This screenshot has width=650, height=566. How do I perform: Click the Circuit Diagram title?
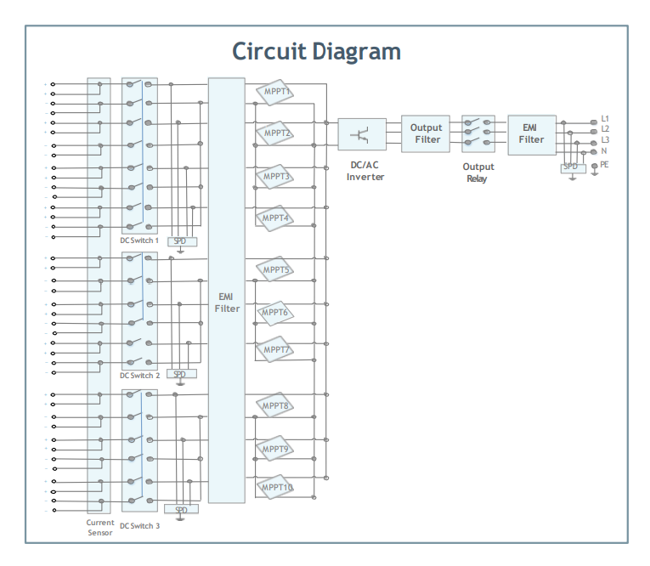316,52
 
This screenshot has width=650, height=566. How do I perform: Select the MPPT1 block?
274,92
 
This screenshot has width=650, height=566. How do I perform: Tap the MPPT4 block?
274,218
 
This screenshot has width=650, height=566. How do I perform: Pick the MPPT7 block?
274,349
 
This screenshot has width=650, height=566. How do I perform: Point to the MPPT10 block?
274,487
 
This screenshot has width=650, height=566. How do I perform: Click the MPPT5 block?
274,269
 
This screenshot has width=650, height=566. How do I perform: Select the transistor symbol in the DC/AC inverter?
359,135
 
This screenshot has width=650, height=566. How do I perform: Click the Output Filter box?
426,134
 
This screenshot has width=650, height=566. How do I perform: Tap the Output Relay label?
478,173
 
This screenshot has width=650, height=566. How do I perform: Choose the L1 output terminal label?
605,119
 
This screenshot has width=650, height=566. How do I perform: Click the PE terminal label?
604,165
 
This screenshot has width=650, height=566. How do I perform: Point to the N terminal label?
604,151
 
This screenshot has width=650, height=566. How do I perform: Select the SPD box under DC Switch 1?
183,241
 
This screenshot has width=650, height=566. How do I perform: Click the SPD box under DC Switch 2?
182,374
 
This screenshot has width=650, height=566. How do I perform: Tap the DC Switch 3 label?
139,526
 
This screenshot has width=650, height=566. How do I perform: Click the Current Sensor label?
100,528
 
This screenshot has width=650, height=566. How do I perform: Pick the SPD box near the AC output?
574,168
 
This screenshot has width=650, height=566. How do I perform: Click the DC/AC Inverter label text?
365,171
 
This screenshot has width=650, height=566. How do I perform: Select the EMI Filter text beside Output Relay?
531,133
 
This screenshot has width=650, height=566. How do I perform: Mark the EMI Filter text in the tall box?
227,303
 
